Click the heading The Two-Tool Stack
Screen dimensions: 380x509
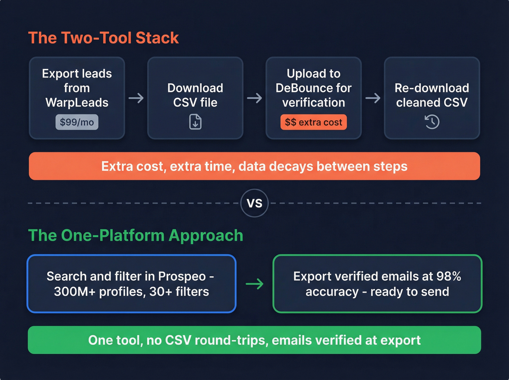pos(103,38)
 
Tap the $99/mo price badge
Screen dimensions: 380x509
pos(77,122)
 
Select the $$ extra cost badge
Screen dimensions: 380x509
pos(313,122)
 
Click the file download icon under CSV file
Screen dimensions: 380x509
pos(195,122)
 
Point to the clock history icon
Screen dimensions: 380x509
pos(432,122)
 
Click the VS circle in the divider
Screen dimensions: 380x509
pos(254,203)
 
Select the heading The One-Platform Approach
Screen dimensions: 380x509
pos(136,235)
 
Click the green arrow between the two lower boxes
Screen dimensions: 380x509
pos(254,284)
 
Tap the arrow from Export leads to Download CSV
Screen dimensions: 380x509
pos(136,98)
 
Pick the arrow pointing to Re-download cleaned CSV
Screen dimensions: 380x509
pos(373,98)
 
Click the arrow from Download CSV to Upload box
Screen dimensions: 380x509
pos(254,98)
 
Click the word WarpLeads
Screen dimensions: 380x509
pos(77,103)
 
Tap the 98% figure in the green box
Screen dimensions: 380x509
pos(449,276)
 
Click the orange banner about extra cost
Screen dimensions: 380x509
pos(254,166)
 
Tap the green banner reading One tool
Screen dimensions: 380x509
pos(254,340)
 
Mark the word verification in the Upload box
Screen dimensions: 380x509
pos(313,103)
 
